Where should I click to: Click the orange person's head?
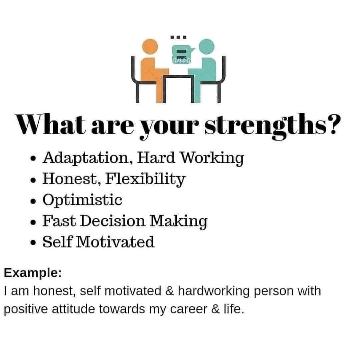(149, 47)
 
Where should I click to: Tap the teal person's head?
(207, 47)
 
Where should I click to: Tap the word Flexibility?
(145, 179)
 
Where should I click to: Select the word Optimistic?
(82, 200)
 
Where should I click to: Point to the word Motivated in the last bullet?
(115, 242)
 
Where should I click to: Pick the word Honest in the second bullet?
(69, 179)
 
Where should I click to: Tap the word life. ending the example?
(232, 309)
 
